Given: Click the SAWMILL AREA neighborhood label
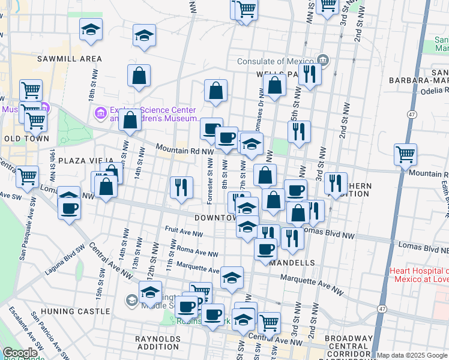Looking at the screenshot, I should click(69, 59).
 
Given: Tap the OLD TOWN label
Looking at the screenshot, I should click(22, 139).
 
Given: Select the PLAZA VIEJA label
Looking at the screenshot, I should click(82, 161).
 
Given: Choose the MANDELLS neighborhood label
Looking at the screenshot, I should click(292, 263).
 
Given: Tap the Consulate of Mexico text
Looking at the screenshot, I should click(276, 61).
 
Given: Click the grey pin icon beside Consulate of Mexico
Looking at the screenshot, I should click(324, 59).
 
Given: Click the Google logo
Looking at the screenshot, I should click(20, 353).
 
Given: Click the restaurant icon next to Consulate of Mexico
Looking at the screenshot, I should click(310, 74).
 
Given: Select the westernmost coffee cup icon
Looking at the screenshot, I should click(70, 208).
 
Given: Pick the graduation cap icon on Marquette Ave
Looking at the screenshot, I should click(232, 277).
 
